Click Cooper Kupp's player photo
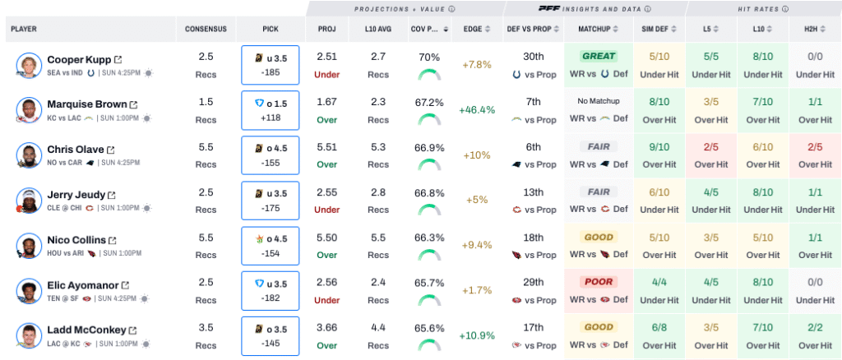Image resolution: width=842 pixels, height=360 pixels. click(29, 66)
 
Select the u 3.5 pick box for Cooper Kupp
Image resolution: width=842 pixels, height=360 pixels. click(270, 66)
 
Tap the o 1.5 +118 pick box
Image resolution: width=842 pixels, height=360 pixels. click(270, 111)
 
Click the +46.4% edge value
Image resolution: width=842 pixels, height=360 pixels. click(477, 110)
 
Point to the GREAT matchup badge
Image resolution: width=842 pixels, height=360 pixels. click(599, 57)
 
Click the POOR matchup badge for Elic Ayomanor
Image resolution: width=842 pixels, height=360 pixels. click(599, 282)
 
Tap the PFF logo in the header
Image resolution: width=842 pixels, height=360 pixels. click(549, 8)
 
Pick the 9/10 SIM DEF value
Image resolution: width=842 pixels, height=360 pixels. click(659, 147)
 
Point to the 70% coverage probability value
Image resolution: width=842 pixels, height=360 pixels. click(429, 58)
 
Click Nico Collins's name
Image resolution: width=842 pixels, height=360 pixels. click(76, 240)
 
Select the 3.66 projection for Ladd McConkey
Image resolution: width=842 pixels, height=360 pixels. click(327, 327)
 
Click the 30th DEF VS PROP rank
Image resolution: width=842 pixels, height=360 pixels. click(534, 57)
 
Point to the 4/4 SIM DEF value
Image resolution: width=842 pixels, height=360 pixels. click(659, 282)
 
